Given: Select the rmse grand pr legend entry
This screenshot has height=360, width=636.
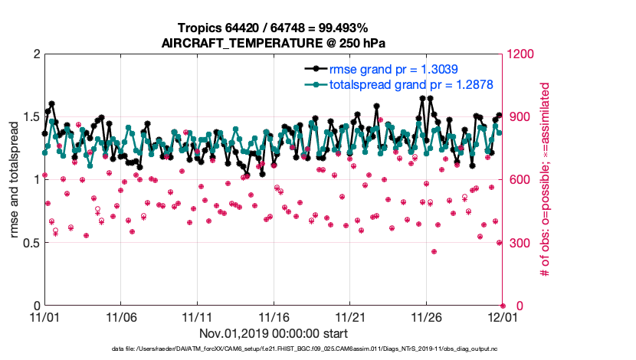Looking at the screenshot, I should click(393, 69).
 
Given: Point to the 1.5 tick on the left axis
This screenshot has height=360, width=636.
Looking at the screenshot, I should click(31, 116).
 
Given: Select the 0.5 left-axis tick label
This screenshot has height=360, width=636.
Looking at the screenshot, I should click(31, 243).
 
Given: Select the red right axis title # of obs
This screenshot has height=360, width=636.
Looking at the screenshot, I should click(545, 180).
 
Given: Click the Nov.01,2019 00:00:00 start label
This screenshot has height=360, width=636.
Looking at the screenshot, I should click(274, 333).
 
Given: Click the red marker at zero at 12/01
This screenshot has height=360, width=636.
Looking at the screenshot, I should click(503, 306).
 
